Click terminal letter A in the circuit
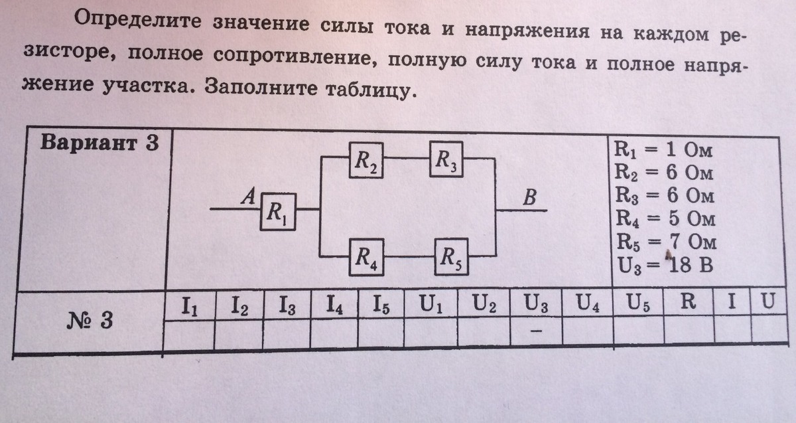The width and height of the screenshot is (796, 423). point(248,197)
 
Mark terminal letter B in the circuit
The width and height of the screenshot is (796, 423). point(529,197)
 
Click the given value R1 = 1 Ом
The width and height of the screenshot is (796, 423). point(663,150)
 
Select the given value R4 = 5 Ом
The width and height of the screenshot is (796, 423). point(665,218)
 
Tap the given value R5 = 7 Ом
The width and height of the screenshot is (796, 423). point(666,242)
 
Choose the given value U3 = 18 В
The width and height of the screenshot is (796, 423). point(665,266)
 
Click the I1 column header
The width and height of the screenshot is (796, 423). point(190,306)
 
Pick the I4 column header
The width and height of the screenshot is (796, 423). point(334,305)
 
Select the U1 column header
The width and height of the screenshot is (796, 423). point(431,304)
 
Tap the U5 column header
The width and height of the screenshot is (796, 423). point(638,303)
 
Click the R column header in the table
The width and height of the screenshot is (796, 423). point(688,301)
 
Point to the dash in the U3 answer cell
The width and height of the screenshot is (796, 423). point(536,331)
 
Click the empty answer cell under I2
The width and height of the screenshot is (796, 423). point(238,335)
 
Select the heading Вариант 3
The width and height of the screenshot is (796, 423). point(99,143)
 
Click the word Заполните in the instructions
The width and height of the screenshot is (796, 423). point(261,87)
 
